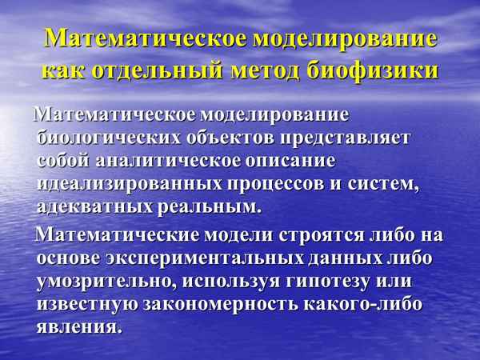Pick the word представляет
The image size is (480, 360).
click(354, 137)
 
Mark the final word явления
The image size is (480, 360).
click(79, 329)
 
